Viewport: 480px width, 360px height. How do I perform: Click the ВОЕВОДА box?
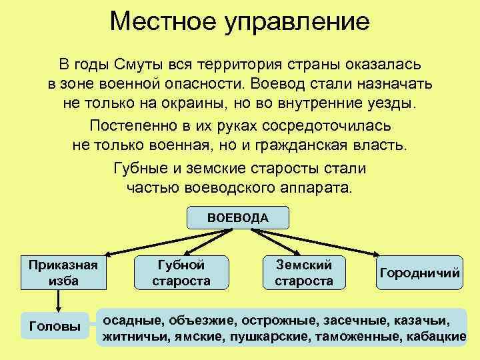click(x=238, y=218)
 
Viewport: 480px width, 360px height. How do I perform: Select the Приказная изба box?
click(x=63, y=272)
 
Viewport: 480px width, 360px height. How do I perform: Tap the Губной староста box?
click(x=181, y=272)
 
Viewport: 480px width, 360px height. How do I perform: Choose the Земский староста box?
click(x=304, y=272)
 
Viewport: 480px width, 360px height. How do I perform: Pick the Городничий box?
click(x=420, y=273)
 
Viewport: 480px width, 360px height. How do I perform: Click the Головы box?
click(x=56, y=327)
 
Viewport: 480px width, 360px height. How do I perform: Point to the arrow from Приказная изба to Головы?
click(x=59, y=301)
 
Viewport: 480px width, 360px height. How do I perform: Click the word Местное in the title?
click(x=160, y=22)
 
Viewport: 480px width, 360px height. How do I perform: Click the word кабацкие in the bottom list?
click(x=436, y=337)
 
